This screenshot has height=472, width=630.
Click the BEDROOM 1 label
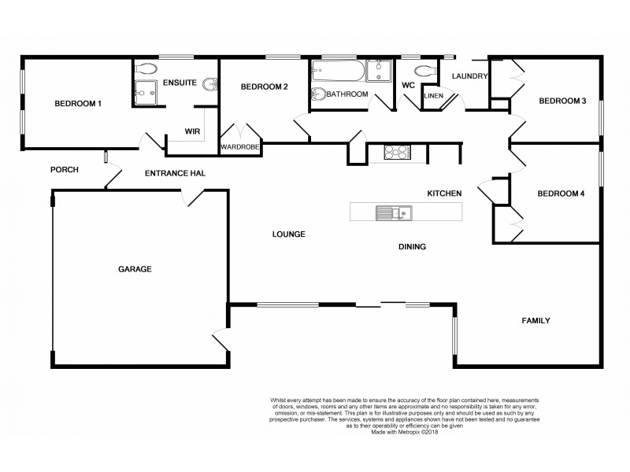tap(77, 104)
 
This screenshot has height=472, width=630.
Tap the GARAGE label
tap(135, 269)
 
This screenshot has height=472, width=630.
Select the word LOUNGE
tap(288, 234)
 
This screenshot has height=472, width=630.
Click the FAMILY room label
tap(535, 321)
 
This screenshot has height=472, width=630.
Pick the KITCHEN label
tap(443, 194)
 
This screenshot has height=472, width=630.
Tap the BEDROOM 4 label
tap(561, 194)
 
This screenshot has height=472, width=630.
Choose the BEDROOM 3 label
tap(562, 101)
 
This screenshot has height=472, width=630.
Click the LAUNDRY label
tap(469, 76)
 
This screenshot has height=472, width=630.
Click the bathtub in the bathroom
tap(336, 74)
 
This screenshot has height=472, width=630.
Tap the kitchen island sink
tap(391, 212)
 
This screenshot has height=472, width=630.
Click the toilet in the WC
tap(425, 72)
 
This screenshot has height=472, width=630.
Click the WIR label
tap(192, 131)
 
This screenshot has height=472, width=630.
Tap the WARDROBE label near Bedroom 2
tap(240, 146)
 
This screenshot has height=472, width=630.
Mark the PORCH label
tap(64, 170)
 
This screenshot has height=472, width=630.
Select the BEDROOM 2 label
tap(264, 87)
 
